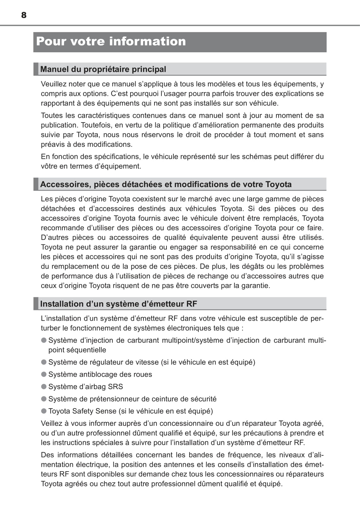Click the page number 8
tap(24, 15)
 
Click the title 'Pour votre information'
tap(111, 42)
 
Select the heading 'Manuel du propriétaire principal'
tap(103, 69)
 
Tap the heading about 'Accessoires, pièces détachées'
tap(166, 184)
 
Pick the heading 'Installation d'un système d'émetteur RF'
tap(119, 304)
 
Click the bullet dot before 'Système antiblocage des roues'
tap(44, 374)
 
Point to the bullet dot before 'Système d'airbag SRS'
tap(44, 386)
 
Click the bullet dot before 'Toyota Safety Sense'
tap(44, 411)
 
